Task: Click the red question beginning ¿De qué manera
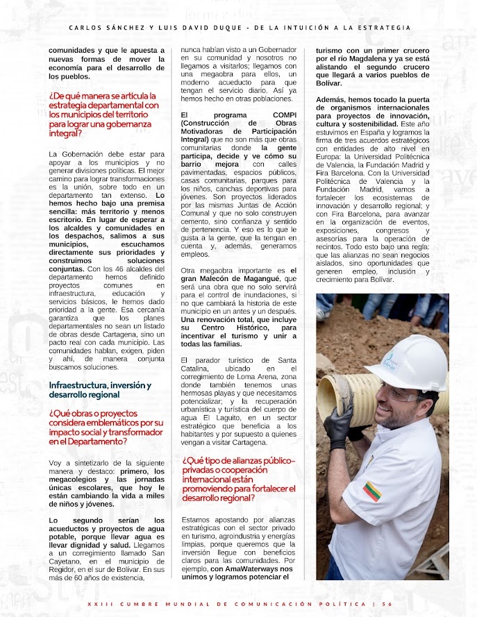coord(104,114)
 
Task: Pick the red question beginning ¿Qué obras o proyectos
coord(106,426)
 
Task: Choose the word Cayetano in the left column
coord(66,559)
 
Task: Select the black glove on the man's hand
coord(338,428)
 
